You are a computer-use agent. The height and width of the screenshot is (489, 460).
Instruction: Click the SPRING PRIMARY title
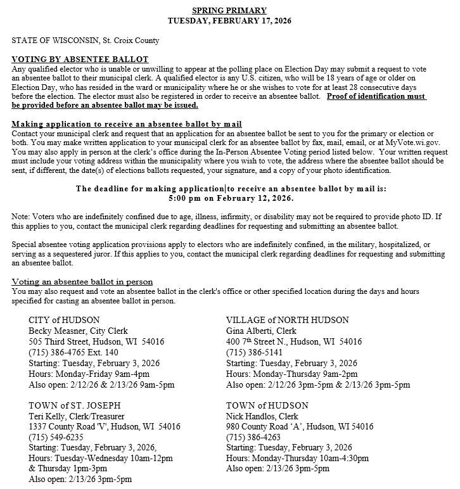coord(229,10)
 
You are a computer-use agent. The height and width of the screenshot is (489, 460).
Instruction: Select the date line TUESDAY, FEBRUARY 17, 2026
coord(229,20)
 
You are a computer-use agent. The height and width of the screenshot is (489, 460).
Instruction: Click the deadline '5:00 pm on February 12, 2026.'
coord(230,198)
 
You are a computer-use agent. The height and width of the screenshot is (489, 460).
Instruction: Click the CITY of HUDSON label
coord(64,320)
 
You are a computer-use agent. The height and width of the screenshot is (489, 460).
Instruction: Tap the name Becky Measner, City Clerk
coord(78,331)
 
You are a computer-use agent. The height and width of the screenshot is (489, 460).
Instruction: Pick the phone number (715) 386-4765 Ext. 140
coord(73,352)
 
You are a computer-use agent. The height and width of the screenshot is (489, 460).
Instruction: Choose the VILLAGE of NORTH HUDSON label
coord(287,320)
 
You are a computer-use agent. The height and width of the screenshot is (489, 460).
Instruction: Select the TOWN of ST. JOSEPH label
coord(75,405)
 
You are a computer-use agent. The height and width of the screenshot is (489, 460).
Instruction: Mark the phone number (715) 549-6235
coord(55,438)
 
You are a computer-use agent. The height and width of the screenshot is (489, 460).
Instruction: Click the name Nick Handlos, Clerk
coord(262,416)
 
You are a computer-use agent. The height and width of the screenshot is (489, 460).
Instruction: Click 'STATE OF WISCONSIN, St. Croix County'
coord(86,41)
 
